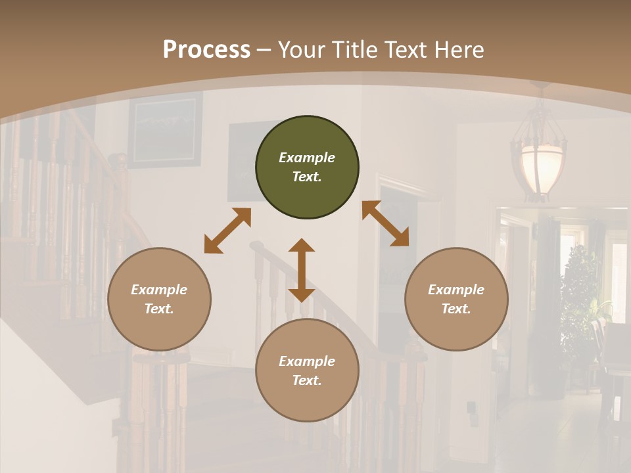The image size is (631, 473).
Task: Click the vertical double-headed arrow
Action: point(302,270)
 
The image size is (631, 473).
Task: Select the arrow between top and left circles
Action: point(227,231)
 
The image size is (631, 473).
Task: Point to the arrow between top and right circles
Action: point(385,223)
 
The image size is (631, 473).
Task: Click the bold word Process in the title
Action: point(206,49)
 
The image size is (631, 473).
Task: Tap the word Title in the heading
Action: point(356,49)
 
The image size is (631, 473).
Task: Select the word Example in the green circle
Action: point(307,158)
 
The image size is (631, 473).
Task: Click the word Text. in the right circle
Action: point(456,309)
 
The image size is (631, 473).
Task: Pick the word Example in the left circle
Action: point(159,290)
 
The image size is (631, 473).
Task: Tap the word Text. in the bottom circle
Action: point(307,380)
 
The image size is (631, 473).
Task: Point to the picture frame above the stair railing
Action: point(165,129)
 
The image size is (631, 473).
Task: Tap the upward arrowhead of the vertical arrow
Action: point(302,246)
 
